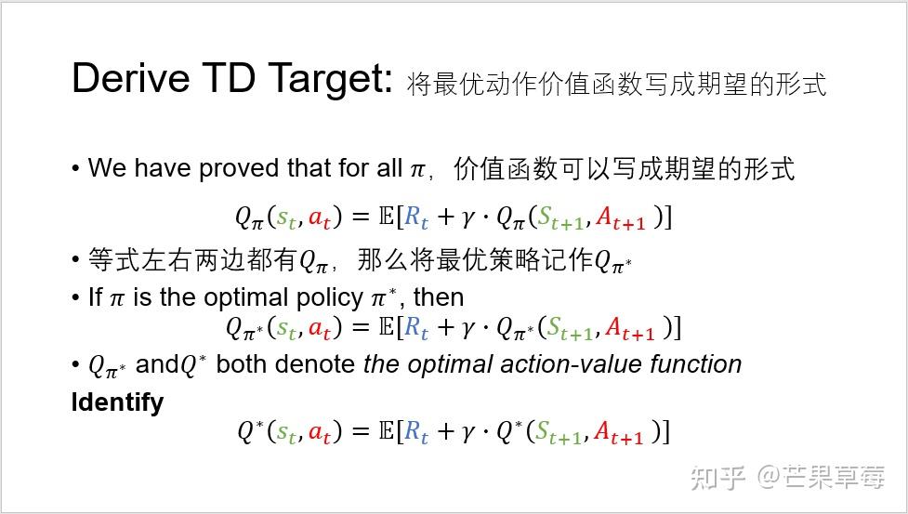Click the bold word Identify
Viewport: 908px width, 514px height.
(x=117, y=402)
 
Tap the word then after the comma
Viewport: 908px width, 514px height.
(x=439, y=297)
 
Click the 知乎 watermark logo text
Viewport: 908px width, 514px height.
(x=717, y=478)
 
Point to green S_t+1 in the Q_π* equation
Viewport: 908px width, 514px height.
(x=568, y=328)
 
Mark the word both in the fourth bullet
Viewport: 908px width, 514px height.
(x=241, y=363)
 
